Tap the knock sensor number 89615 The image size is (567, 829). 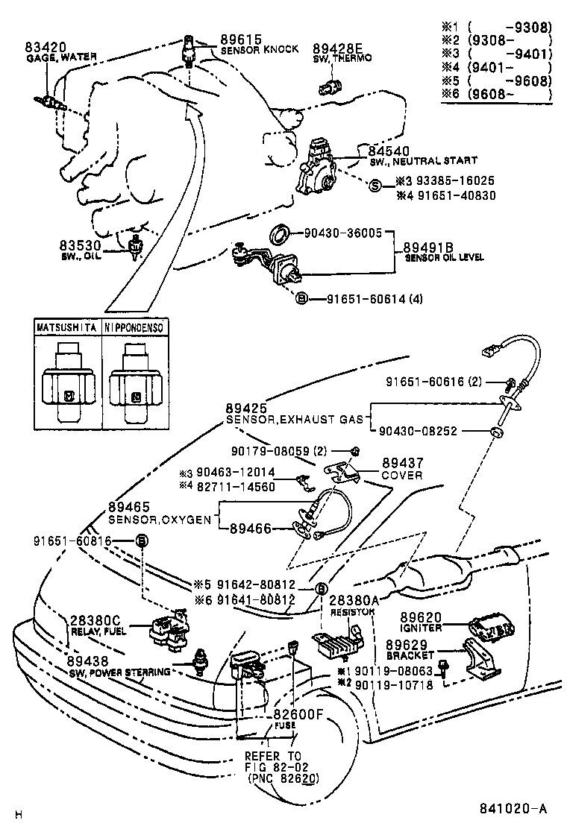[237, 39]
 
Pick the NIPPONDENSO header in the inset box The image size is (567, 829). [135, 327]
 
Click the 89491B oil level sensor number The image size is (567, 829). [428, 247]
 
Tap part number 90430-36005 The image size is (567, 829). [343, 233]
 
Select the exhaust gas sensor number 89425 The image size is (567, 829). [245, 409]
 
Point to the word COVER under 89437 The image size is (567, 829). [401, 475]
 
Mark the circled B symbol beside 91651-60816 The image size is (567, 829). [140, 540]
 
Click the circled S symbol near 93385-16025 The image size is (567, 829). [375, 185]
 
